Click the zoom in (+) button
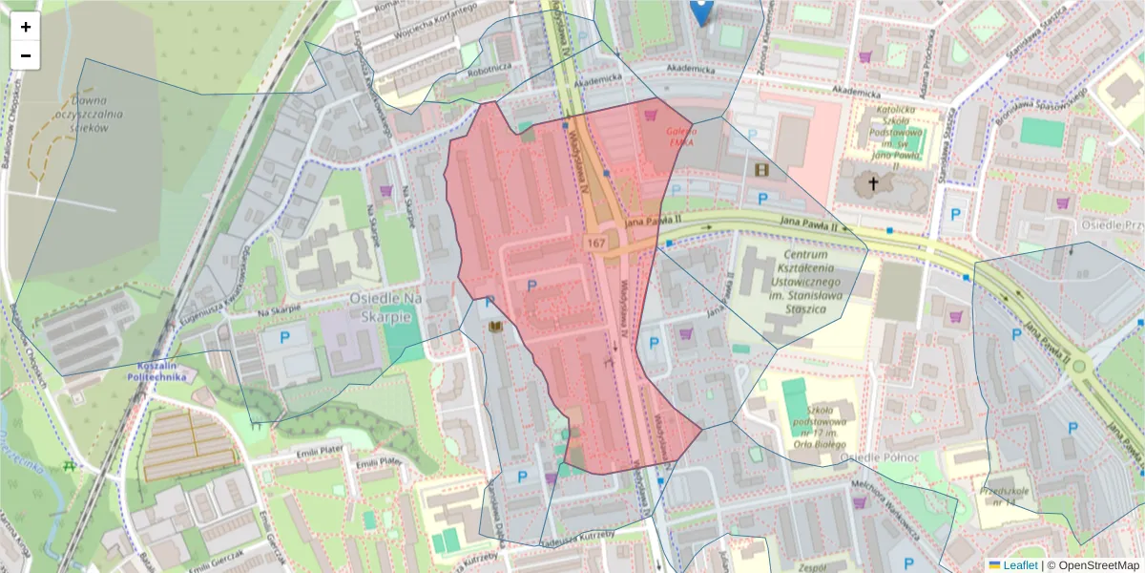coord(26,27)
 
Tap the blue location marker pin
coord(700,11)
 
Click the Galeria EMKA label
coord(681,136)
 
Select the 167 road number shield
coord(597,244)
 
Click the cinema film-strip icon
coord(760,169)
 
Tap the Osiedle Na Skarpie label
coord(385,308)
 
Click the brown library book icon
coord(495,328)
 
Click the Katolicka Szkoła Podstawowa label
coord(895,134)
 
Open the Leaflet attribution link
coord(1020,565)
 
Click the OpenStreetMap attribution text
coord(1093,565)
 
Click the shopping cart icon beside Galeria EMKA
coord(652,115)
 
